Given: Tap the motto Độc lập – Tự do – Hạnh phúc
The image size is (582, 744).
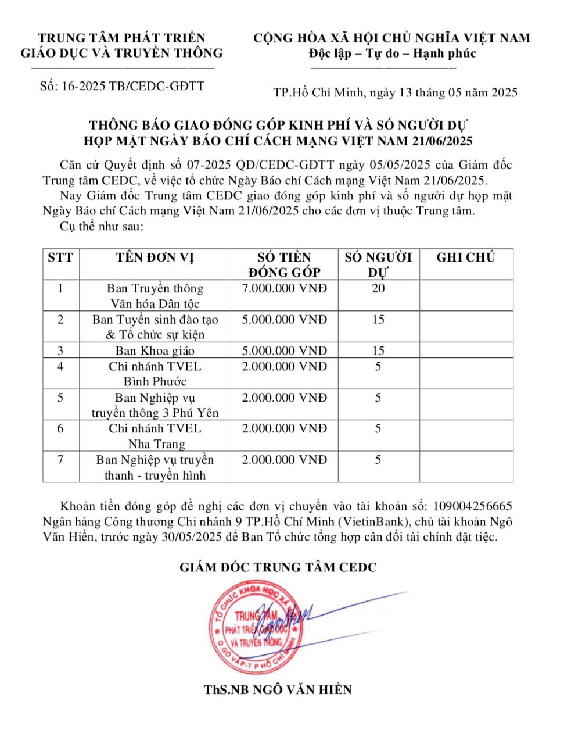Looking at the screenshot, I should coord(392,53).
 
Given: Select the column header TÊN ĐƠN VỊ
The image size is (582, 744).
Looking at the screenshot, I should coord(155,257).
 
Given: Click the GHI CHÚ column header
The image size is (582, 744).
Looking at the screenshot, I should coord(466,257).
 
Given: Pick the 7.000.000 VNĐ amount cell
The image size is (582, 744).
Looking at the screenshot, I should coord(285,288).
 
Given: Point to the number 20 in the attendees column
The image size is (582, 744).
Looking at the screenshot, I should coord(378,288).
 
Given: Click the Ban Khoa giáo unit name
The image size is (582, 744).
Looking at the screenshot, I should coord(155,350).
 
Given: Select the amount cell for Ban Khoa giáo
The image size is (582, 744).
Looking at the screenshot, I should coord(285,350).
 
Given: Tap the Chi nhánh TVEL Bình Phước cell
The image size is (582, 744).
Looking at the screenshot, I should coord(155,374).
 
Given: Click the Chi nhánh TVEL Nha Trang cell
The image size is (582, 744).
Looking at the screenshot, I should coord(155,436).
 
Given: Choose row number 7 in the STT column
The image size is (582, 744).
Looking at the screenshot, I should coord(60,460).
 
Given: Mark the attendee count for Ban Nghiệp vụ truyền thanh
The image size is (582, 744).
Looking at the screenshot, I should coord(378,460).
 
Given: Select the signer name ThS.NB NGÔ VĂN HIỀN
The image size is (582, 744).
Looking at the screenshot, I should coord(278,690).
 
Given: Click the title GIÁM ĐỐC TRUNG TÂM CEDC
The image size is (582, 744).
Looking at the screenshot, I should coord(278,567).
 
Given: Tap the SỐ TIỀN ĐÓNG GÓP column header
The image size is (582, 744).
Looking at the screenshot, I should coord(285,264).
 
